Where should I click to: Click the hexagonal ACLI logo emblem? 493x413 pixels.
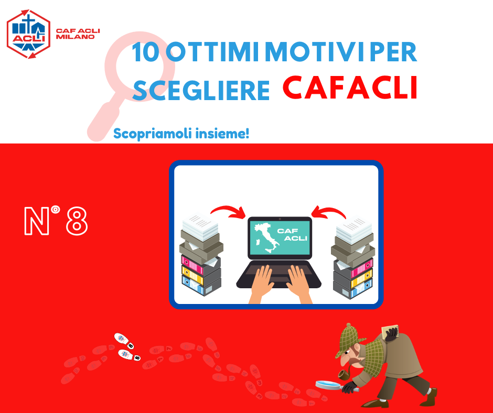[x=28, y=34]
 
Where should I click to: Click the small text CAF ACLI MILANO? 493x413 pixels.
[x=78, y=34]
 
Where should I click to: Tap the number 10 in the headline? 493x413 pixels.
[x=145, y=52]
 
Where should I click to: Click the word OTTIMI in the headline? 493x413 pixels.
[x=212, y=52]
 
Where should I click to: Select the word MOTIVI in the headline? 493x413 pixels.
[x=314, y=52]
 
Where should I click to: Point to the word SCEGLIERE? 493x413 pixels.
[x=201, y=90]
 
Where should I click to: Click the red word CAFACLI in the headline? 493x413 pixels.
[x=350, y=88]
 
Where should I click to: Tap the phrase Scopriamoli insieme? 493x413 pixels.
[x=181, y=134]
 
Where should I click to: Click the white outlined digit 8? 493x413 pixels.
[x=77, y=221]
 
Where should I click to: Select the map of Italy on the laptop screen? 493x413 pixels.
[x=266, y=238]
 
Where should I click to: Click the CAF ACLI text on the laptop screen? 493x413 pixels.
[x=292, y=235]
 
